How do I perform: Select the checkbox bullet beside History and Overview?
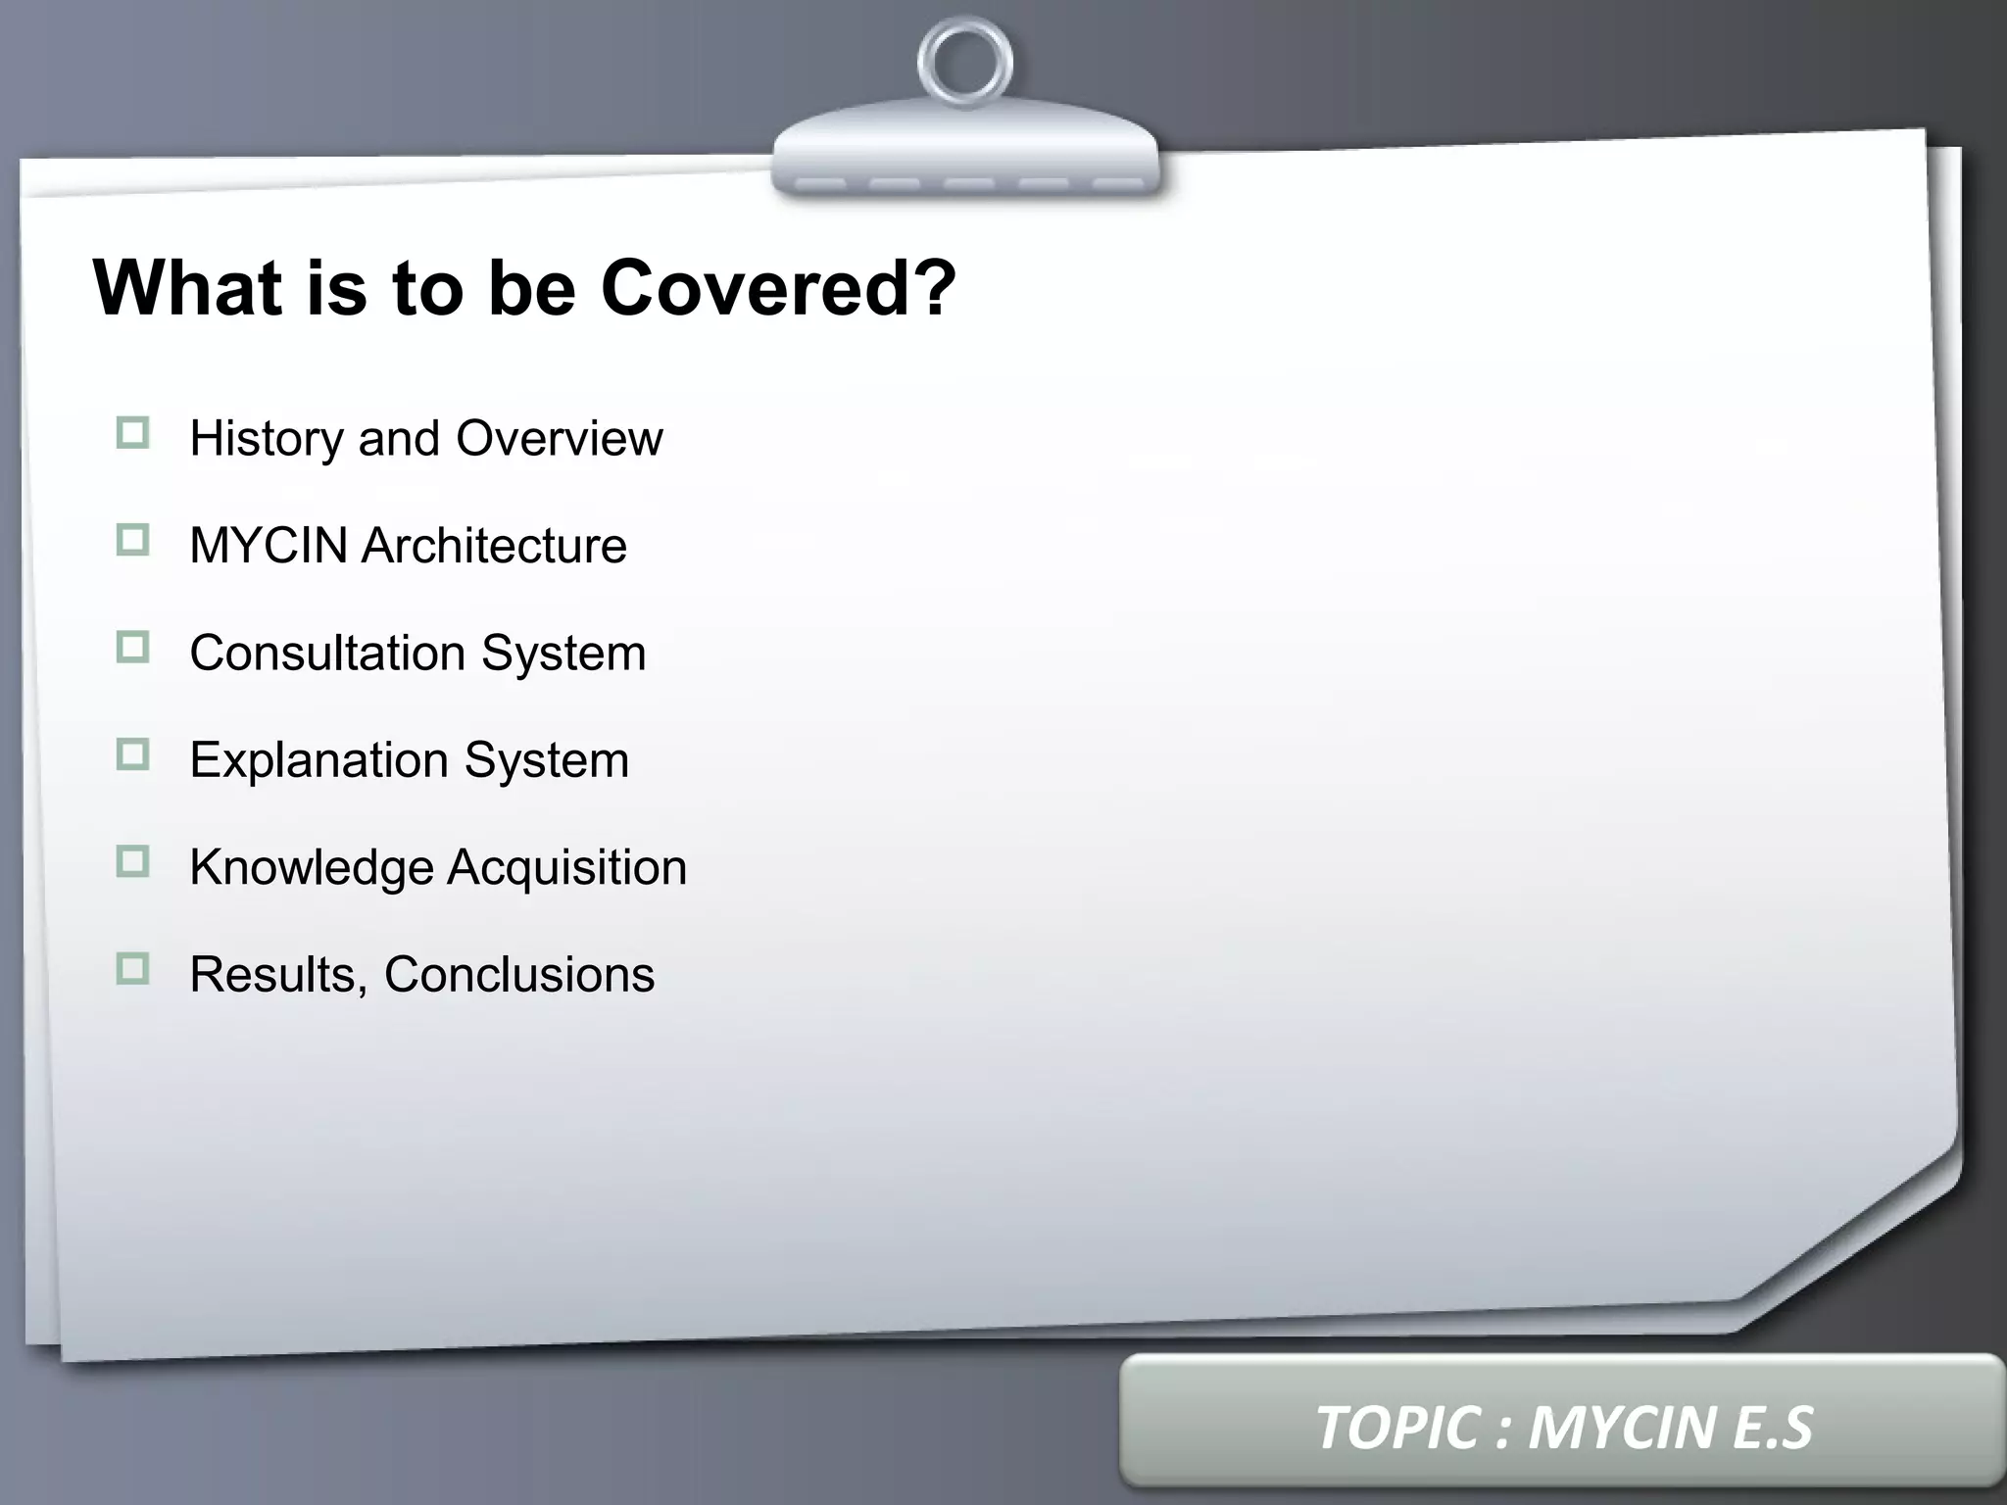132,433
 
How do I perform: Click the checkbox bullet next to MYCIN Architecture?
132,540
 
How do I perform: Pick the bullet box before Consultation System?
132,648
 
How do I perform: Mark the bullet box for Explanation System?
132,754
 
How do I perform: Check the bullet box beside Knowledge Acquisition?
132,862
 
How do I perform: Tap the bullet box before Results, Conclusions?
132,969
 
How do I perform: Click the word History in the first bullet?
266,439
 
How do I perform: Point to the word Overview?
560,438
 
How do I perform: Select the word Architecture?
494,546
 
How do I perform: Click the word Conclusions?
519,975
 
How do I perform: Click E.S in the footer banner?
1773,1428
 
